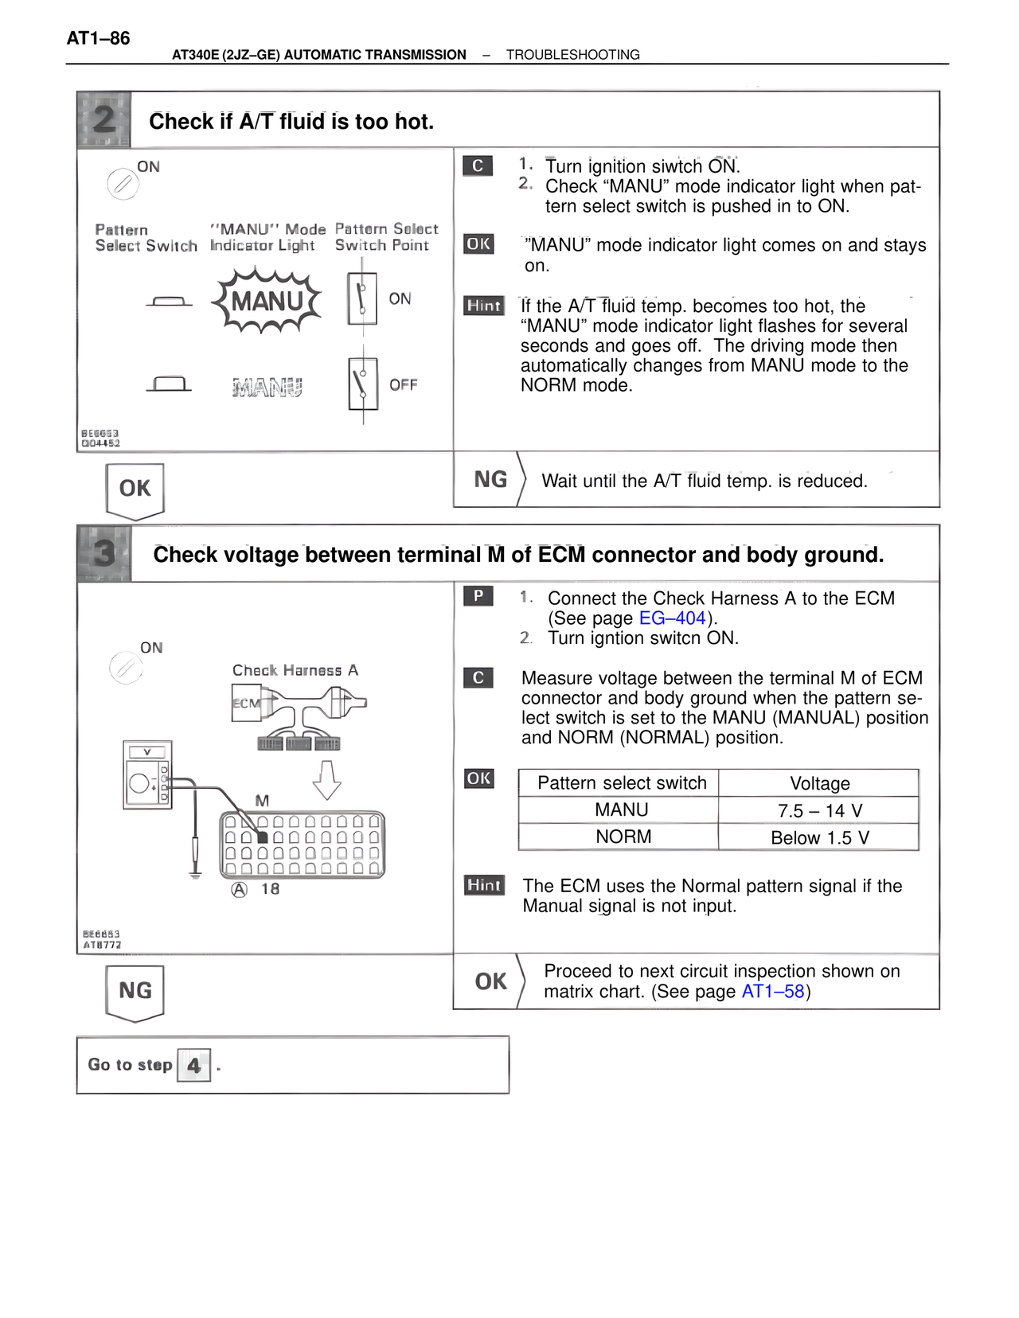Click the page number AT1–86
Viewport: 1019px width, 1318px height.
98,38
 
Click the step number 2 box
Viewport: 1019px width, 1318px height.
104,120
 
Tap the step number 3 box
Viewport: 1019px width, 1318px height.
104,553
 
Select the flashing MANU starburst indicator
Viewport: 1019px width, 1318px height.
267,301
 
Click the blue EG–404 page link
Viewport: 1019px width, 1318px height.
672,618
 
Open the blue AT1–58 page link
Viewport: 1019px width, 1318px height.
772,992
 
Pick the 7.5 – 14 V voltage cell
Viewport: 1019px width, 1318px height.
819,810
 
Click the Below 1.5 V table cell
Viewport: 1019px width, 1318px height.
819,837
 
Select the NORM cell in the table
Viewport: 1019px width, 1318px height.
623,837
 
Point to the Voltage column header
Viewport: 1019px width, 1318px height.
819,783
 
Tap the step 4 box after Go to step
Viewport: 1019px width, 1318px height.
193,1065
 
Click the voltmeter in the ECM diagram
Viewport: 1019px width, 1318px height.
147,774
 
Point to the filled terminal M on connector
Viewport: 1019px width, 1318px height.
263,837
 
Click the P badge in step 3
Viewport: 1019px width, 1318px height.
478,596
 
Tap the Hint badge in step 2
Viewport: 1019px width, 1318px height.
484,306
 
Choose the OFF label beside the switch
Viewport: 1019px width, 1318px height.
403,385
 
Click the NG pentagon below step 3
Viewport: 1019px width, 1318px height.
135,991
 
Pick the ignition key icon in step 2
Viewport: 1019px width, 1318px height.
123,185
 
